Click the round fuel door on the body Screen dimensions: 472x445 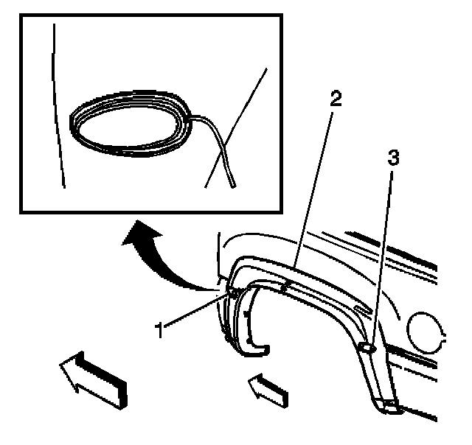point(428,330)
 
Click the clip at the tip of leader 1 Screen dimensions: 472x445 point(232,292)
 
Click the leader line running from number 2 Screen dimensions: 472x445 point(313,184)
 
